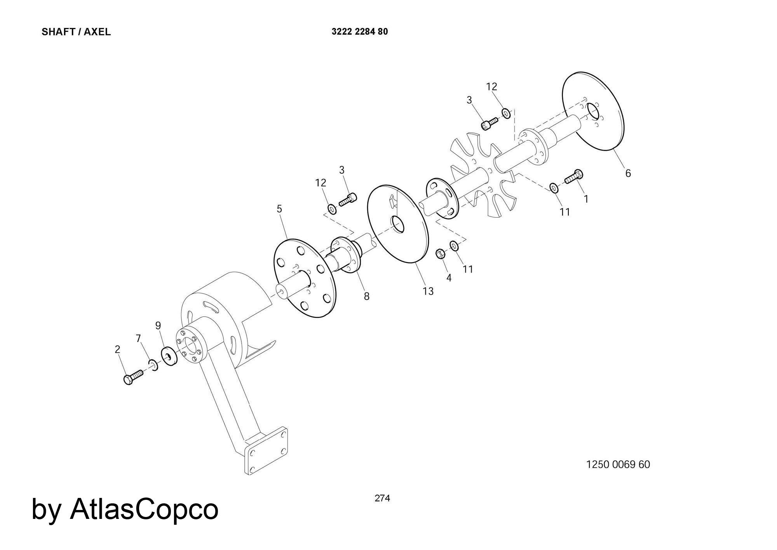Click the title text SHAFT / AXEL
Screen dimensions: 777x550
pyautogui.click(x=76, y=32)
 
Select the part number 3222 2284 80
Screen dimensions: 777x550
pyautogui.click(x=360, y=32)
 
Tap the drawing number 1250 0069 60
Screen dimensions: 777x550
pyautogui.click(x=618, y=464)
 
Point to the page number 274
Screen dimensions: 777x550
pyautogui.click(x=382, y=498)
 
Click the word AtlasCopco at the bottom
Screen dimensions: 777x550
pyautogui.click(x=144, y=509)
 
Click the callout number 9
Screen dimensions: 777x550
pyautogui.click(x=158, y=325)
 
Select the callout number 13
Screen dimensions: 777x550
pyautogui.click(x=428, y=291)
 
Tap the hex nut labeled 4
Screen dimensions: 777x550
pyautogui.click(x=440, y=254)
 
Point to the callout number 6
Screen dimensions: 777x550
pyautogui.click(x=628, y=173)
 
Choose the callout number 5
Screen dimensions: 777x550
pyautogui.click(x=279, y=209)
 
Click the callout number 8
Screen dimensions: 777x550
pyautogui.click(x=367, y=297)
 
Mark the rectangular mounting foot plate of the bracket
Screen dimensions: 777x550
pyautogui.click(x=266, y=451)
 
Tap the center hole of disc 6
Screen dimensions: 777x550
pyautogui.click(x=593, y=112)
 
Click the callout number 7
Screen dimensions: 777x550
pyautogui.click(x=139, y=339)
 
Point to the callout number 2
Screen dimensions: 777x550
pyautogui.click(x=117, y=349)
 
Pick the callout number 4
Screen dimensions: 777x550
pyautogui.click(x=449, y=278)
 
